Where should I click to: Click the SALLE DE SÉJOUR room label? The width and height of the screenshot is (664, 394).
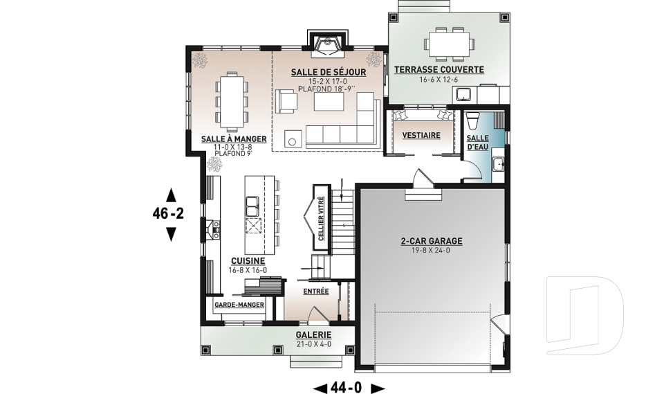[328, 73]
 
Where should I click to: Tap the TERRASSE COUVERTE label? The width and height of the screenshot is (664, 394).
[439, 69]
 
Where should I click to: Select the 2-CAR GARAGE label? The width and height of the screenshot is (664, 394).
[432, 242]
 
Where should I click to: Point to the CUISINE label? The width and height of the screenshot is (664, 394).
[248, 261]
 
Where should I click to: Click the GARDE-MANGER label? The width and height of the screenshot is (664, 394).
[239, 305]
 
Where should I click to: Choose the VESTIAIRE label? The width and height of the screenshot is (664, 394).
[421, 135]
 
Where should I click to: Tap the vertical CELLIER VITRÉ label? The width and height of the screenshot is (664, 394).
[321, 219]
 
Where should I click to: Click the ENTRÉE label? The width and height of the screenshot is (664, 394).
[316, 292]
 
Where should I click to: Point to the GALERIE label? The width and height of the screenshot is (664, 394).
[314, 335]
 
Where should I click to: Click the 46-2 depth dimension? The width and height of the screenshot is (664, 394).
[168, 214]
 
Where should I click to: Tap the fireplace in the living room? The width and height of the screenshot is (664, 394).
[327, 45]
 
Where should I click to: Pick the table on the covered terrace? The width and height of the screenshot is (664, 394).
[449, 44]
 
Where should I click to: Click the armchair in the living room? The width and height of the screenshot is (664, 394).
[286, 101]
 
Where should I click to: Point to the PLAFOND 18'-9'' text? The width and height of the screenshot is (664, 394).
[327, 89]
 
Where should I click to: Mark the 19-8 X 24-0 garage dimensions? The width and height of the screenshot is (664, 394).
[431, 250]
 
